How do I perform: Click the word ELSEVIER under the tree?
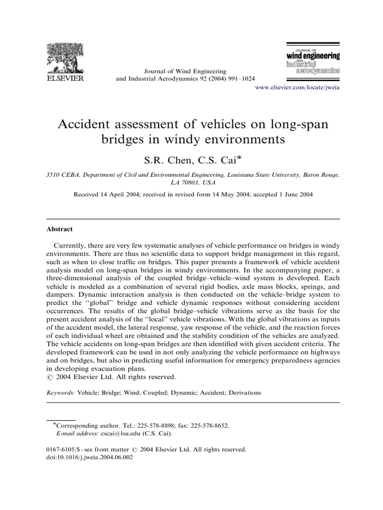pos(65,78)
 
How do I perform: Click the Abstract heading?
pos(59,229)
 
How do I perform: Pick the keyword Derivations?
pos(244,392)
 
